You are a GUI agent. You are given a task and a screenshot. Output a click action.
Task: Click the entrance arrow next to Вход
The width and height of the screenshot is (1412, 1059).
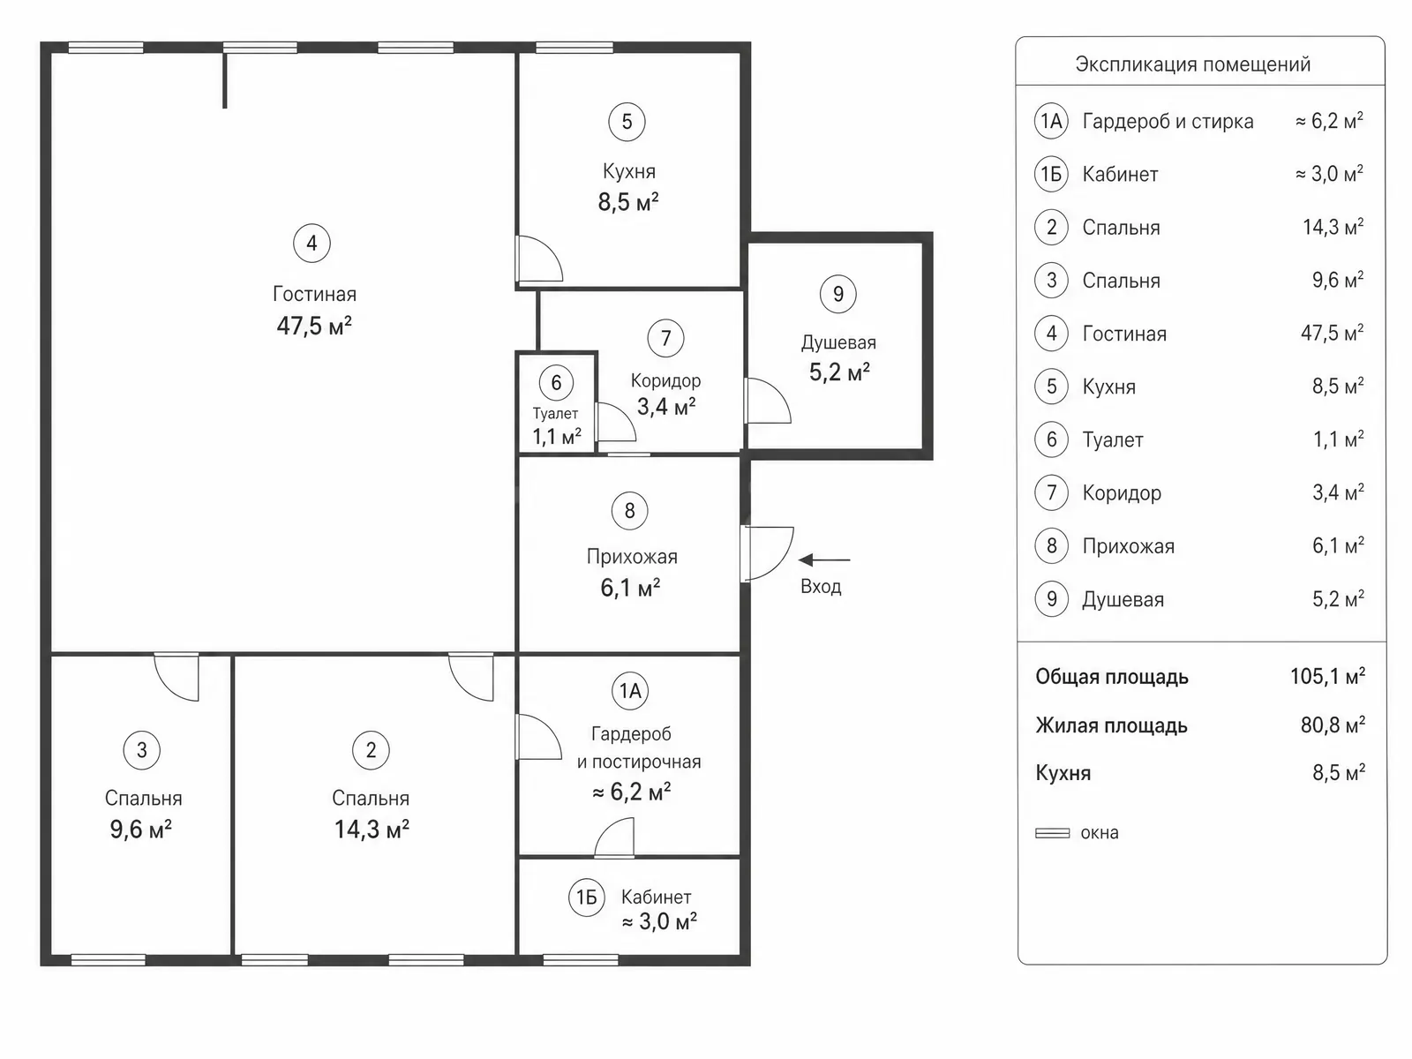point(824,560)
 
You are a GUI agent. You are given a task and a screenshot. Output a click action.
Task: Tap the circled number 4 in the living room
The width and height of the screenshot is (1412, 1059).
point(312,243)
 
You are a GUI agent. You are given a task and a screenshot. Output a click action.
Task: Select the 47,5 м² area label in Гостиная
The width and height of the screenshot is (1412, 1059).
point(314,326)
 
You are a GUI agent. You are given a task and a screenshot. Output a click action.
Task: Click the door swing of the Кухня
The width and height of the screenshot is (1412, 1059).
point(540,259)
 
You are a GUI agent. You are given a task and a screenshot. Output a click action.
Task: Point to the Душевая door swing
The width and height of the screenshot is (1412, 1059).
point(768,401)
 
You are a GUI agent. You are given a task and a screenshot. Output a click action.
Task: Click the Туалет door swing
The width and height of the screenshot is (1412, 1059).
point(616,422)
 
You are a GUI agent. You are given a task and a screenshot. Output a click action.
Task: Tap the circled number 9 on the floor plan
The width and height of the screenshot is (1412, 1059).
point(838,294)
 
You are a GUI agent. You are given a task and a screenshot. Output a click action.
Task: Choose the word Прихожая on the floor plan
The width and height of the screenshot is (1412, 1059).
point(632,557)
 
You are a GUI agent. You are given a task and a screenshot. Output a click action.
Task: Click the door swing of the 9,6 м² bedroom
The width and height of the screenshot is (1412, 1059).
point(176,677)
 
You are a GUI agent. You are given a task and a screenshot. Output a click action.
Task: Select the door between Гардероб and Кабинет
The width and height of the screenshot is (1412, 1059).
point(614,837)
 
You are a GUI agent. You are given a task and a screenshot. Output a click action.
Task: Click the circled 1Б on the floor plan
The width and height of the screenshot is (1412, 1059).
point(587,897)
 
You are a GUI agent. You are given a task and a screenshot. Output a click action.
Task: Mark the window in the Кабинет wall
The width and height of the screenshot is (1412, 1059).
point(581,960)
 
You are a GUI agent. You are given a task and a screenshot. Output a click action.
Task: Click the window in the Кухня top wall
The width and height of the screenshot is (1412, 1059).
point(575,48)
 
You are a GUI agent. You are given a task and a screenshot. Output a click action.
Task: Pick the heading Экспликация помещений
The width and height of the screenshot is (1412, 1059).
point(1193,64)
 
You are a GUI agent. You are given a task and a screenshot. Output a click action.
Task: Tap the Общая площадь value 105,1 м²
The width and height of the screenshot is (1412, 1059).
point(1328,676)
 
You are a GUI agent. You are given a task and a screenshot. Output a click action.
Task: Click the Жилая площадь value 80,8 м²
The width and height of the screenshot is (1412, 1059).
point(1333,725)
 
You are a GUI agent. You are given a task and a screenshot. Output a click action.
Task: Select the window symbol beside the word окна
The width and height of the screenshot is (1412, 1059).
point(1053,833)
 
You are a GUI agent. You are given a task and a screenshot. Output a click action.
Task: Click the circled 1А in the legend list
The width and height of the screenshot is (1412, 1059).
point(1052,121)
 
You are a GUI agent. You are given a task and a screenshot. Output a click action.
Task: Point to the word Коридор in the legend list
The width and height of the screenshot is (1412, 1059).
point(1122,493)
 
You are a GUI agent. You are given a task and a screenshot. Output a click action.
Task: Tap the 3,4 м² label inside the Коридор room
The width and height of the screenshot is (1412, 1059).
point(666,407)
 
